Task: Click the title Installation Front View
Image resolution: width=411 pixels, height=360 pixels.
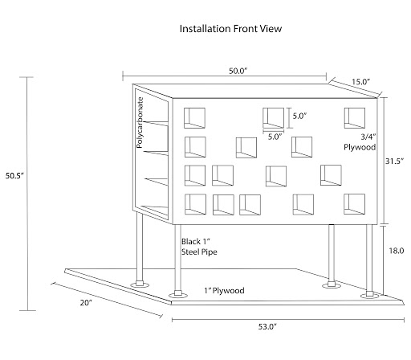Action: (230, 29)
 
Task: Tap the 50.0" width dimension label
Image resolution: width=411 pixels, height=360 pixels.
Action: (238, 71)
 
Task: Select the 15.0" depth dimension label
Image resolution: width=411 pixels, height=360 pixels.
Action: (360, 82)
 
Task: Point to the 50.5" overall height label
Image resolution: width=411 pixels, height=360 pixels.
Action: (14, 176)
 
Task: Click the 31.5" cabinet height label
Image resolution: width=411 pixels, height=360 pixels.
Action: (394, 161)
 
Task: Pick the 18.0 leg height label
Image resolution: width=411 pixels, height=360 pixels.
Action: (397, 251)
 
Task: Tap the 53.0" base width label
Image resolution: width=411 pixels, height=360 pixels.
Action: (267, 326)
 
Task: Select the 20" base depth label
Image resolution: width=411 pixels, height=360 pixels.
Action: (86, 302)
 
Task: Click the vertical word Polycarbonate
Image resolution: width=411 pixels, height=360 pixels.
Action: (140, 122)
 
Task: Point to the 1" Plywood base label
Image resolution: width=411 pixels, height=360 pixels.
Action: (224, 290)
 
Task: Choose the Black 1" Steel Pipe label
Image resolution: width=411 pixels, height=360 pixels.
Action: (199, 247)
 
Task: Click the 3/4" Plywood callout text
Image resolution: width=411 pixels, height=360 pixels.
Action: (360, 142)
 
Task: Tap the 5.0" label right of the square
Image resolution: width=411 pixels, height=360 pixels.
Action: (299, 116)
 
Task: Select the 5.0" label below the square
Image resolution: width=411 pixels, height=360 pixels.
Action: (275, 137)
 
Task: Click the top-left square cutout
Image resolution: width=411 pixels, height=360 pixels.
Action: (194, 118)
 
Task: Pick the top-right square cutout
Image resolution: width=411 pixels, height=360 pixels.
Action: (355, 118)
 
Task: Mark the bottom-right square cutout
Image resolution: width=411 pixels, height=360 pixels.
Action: (354, 204)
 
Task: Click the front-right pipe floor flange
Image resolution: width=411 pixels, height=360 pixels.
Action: (369, 296)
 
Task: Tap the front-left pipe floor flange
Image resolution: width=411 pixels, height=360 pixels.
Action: (178, 295)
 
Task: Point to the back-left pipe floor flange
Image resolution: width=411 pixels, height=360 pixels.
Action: (140, 284)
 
